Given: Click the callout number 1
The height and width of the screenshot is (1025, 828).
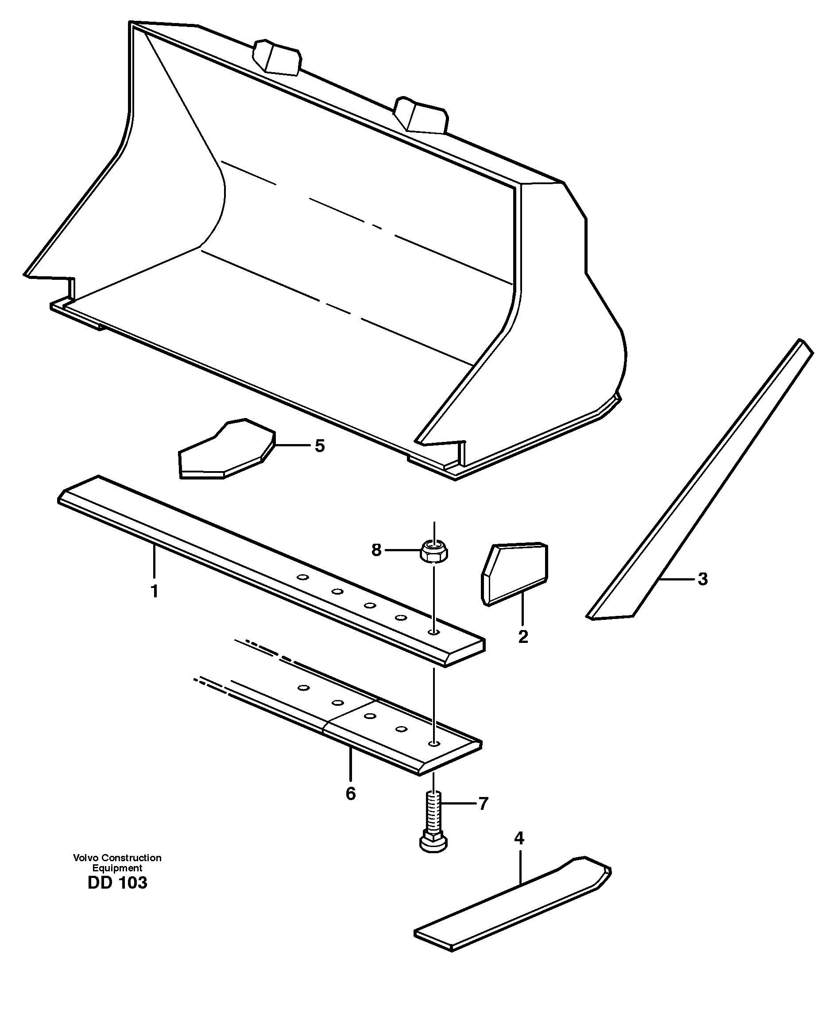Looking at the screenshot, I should [154, 592].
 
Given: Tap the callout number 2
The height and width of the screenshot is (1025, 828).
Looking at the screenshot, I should [523, 636].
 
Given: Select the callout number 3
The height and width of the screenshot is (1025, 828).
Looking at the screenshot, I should [702, 579].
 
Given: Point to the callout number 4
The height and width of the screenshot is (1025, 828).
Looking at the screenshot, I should [519, 838].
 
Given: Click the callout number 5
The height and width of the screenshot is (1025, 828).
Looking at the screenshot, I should [319, 446].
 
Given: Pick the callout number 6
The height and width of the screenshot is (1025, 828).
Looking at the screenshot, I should [351, 794].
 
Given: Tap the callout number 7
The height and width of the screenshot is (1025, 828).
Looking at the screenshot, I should [483, 804].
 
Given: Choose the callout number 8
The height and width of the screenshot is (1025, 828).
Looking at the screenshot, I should [376, 550].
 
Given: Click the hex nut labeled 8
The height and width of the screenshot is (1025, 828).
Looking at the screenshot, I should [433, 552].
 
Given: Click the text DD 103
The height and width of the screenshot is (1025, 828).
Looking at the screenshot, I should [117, 883].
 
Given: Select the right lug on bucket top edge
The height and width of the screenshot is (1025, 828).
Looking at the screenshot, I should [421, 115].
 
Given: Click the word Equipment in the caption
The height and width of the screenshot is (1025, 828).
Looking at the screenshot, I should [117, 868].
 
